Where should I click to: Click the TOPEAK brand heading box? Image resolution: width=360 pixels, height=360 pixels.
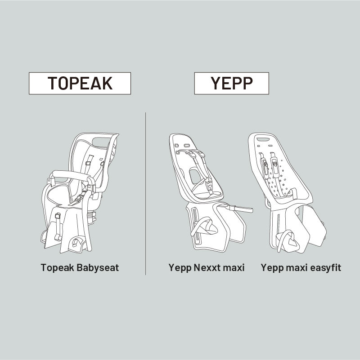point(80,83)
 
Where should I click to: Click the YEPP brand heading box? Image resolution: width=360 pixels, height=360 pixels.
point(231,83)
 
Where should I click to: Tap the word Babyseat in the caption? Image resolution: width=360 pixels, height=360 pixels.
point(98,268)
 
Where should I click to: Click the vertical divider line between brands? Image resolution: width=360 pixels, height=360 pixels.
point(145,194)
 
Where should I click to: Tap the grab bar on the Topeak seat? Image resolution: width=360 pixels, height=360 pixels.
point(70,175)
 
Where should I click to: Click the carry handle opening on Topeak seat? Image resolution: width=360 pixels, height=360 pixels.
point(101,141)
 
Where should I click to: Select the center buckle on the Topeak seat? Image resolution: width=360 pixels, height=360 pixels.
point(79,198)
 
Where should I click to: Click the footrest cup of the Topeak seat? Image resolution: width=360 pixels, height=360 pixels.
point(76,242)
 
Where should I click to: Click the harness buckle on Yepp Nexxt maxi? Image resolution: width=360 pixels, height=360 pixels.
point(209,184)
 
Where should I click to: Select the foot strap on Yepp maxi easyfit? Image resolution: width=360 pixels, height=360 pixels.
point(288,241)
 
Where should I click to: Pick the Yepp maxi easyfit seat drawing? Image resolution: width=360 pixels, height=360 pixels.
point(288,193)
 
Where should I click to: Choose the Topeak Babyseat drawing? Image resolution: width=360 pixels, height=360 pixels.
point(80,193)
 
